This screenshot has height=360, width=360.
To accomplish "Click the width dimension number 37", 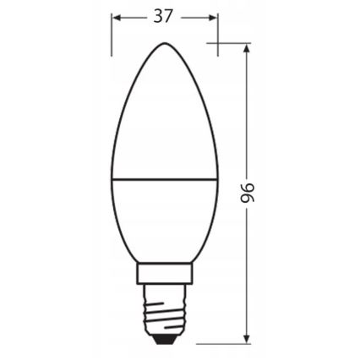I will coord(164,17).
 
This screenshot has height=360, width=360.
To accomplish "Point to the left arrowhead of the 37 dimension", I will coord(117,17).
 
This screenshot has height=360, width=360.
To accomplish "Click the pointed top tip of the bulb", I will coord(165,43).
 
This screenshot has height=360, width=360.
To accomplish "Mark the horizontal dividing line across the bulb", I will coord(165,179).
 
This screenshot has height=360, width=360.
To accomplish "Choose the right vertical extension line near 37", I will coord(218,34).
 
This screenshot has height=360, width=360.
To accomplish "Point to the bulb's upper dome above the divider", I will coord(165,118).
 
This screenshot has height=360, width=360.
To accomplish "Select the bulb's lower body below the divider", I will coord(165,220).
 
